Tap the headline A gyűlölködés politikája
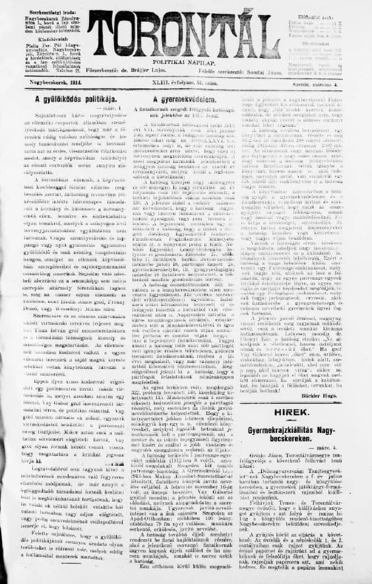pos(66,98)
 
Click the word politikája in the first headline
pos(95,98)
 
